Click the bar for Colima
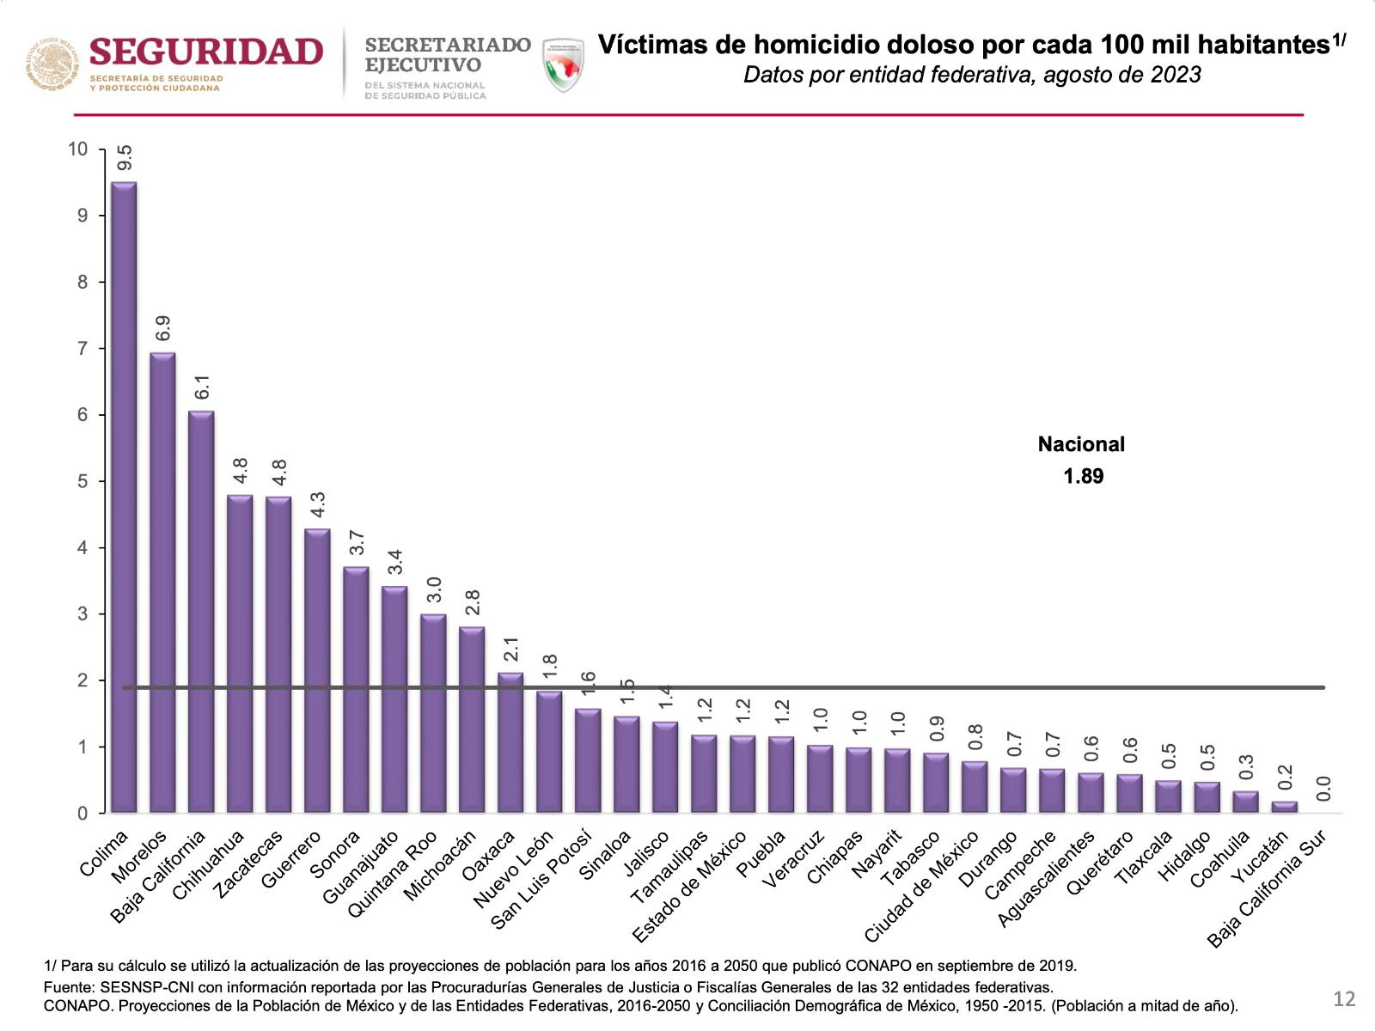124,498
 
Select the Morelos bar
162,584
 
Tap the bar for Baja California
201,612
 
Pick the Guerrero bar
317,671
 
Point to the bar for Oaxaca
510,743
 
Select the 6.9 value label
163,328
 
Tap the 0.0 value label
1323,788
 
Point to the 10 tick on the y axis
78,149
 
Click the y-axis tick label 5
82,481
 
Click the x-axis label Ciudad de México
921,887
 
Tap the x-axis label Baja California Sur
1268,888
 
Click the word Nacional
1081,444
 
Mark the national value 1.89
1083,476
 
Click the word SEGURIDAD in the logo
206,52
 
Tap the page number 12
1344,998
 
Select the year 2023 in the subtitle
1176,75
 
